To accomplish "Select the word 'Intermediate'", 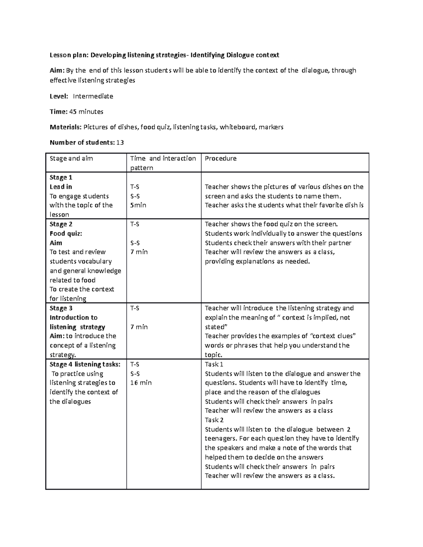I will pyautogui.click(x=93, y=96).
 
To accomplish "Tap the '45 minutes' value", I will pyautogui.click(x=86, y=112).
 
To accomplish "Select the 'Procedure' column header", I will pyautogui.click(x=221, y=158).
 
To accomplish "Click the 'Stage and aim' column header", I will pyautogui.click(x=71, y=158).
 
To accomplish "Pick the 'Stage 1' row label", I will pyautogui.click(x=61, y=178).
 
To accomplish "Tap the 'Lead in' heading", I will pyautogui.click(x=61, y=187).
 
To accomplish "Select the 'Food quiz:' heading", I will pyautogui.click(x=66, y=234).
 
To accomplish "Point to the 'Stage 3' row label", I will pyautogui.click(x=61, y=308).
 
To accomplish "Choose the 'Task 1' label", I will pyautogui.click(x=214, y=365).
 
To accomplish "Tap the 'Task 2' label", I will pyautogui.click(x=214, y=420).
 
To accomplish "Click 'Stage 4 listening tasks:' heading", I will pyautogui.click(x=85, y=365).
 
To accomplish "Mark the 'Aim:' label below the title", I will pyautogui.click(x=56, y=70).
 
